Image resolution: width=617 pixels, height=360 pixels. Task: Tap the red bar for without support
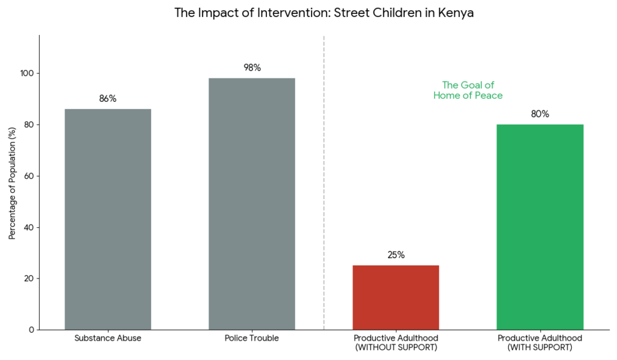396,297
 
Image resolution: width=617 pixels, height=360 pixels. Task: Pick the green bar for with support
540,227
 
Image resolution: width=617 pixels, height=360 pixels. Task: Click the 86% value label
108,99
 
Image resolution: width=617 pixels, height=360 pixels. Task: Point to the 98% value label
252,68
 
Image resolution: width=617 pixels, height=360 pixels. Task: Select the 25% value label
396,255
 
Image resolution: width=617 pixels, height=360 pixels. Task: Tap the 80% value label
540,114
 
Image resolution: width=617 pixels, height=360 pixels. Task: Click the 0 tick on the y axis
31,330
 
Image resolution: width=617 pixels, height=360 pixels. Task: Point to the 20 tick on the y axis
30,279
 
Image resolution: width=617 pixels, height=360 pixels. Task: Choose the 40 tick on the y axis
30,227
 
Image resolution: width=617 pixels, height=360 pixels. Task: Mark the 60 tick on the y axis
30,176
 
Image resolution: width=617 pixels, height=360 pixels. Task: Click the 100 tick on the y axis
28,74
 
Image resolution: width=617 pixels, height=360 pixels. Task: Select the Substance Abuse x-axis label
108,338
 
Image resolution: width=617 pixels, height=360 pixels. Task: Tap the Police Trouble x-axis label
252,338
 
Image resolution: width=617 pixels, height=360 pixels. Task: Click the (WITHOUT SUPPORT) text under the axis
396,348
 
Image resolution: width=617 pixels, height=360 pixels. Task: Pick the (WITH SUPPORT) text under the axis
540,348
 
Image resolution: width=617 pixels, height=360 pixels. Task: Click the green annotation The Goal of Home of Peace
468,90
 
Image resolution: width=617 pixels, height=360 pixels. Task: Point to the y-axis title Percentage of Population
12,183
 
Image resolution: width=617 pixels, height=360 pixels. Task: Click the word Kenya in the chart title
458,13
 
